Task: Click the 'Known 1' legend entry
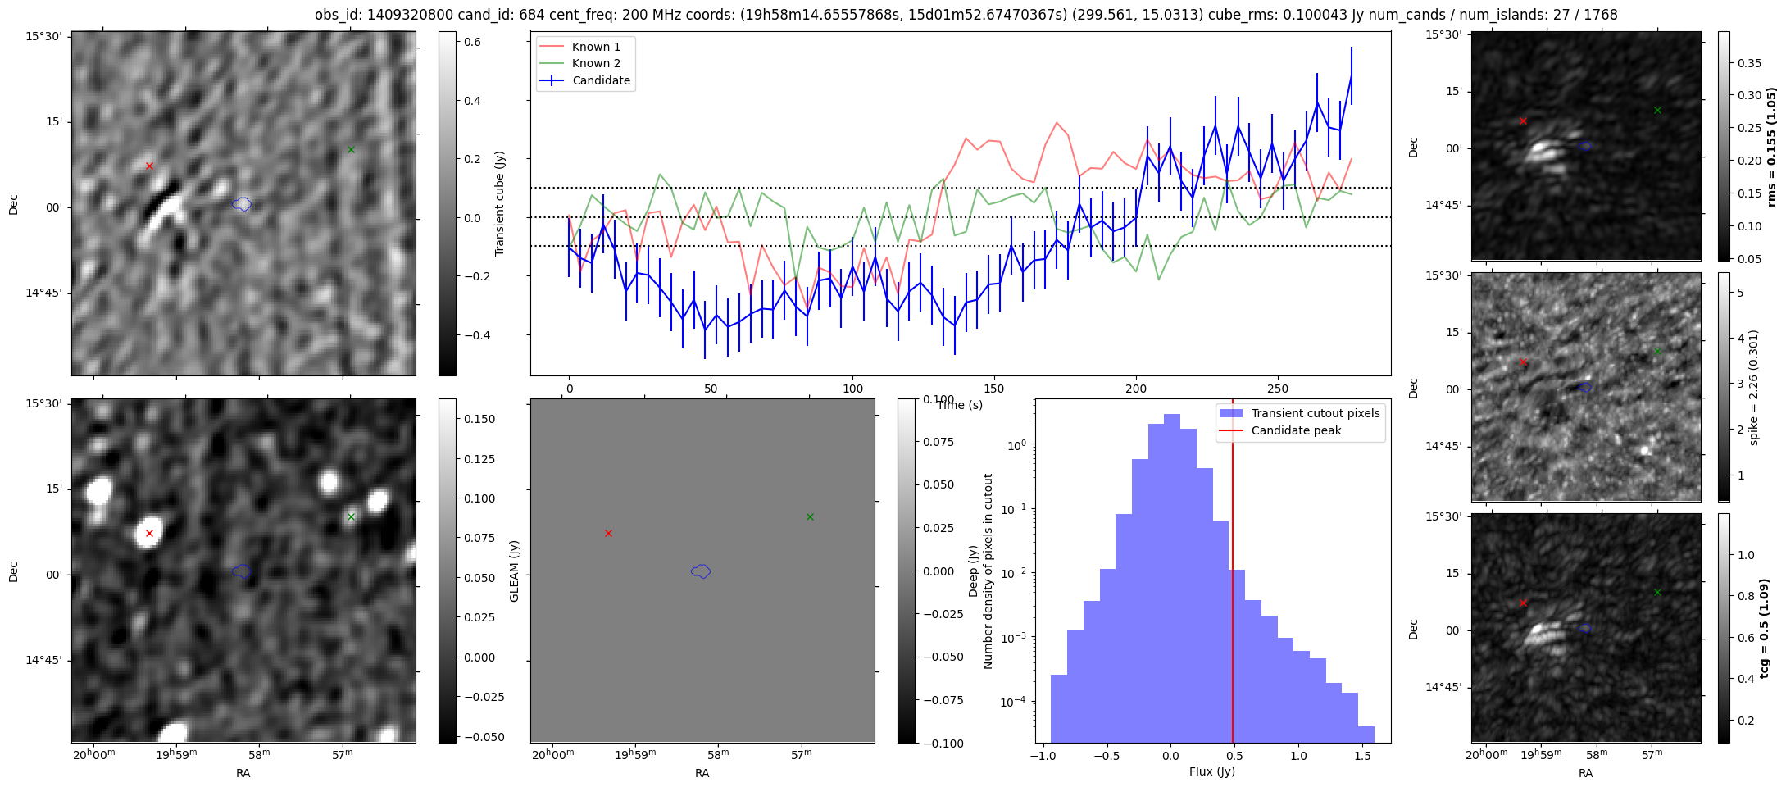pyautogui.click(x=595, y=47)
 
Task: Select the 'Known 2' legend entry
pyautogui.click(x=595, y=63)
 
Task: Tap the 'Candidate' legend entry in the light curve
pyautogui.click(x=601, y=80)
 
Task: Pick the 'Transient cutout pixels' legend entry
pyautogui.click(x=1315, y=413)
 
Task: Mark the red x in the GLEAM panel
pyautogui.click(x=608, y=533)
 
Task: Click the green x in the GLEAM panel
pyautogui.click(x=810, y=516)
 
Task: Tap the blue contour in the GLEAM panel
pyautogui.click(x=701, y=571)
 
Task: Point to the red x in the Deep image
pyautogui.click(x=149, y=533)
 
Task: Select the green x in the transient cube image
pyautogui.click(x=351, y=149)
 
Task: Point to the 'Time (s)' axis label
pyautogui.click(x=960, y=405)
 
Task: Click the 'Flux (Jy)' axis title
pyautogui.click(x=1212, y=771)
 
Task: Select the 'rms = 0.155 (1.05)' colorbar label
pyautogui.click(x=1772, y=147)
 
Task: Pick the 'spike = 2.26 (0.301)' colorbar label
pyautogui.click(x=1754, y=388)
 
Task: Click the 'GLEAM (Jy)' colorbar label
pyautogui.click(x=515, y=571)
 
